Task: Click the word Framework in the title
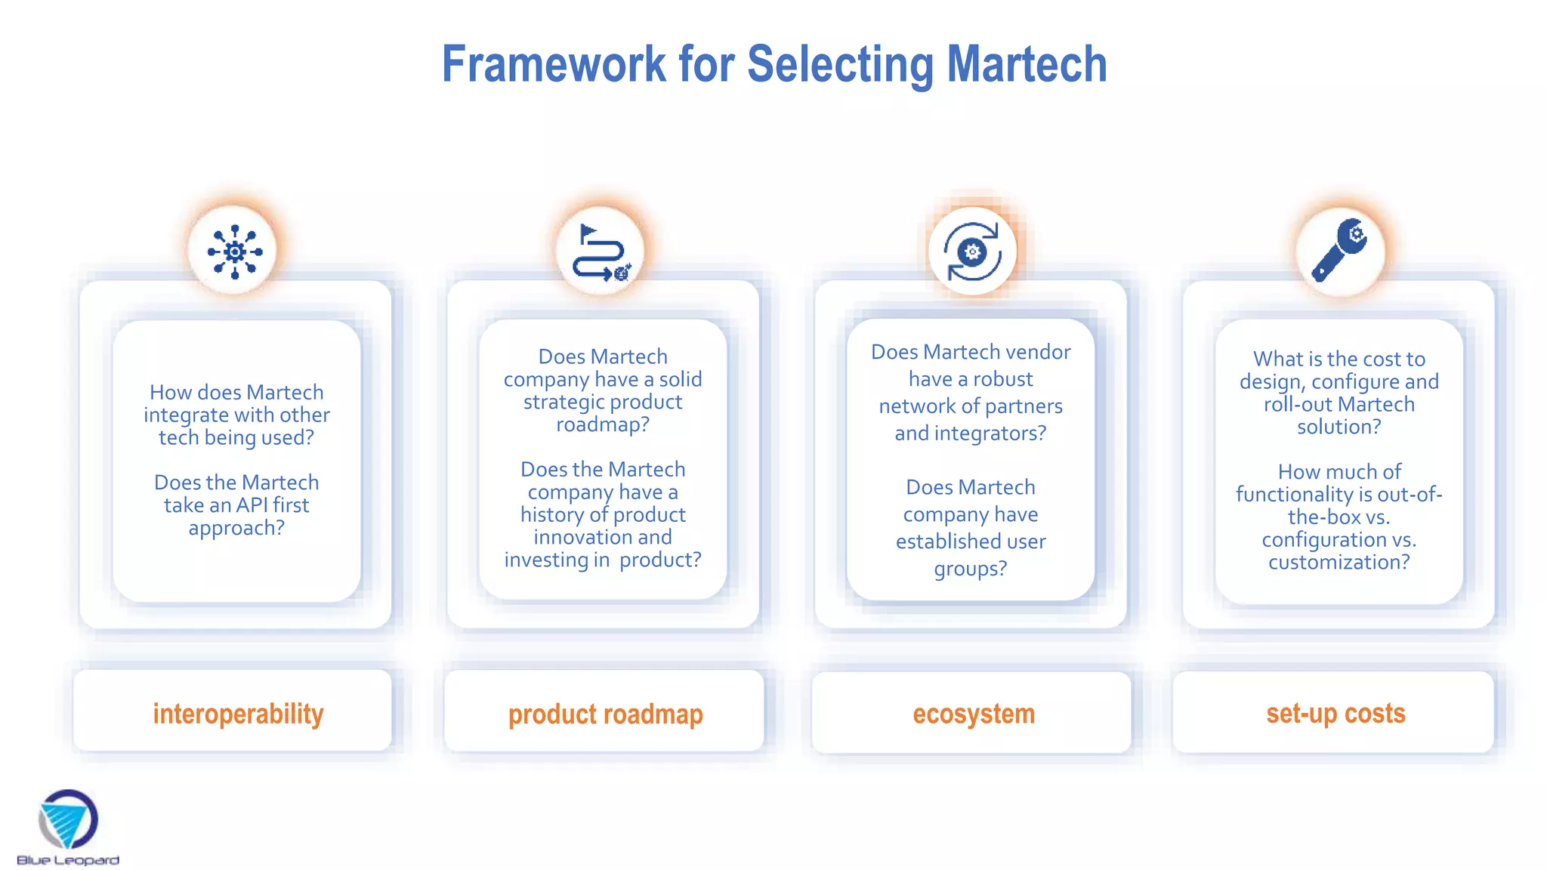tap(554, 64)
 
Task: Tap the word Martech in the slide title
tap(1027, 64)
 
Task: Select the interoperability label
tap(238, 714)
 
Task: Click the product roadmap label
tap(605, 714)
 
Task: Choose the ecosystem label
tap(974, 714)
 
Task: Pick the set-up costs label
tap(1335, 713)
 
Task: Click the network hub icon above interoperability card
tap(235, 251)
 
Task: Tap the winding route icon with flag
tap(601, 252)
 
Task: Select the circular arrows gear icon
tap(972, 251)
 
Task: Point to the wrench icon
tap(1339, 251)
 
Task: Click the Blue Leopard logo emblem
tap(68, 819)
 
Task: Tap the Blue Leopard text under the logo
tap(68, 860)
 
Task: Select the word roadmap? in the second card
tap(603, 424)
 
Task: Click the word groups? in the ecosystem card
tap(971, 569)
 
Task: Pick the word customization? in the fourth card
tap(1339, 562)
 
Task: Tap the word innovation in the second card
tap(582, 537)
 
